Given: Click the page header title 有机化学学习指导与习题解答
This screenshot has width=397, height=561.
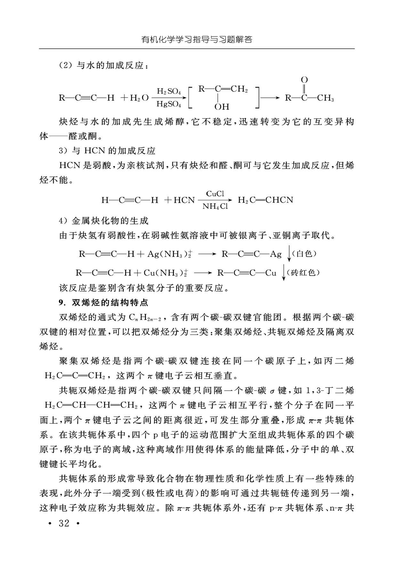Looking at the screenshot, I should click(x=197, y=40).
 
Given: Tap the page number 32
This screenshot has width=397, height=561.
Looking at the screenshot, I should click(x=64, y=523).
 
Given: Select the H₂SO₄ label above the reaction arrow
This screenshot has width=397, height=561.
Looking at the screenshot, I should click(x=169, y=91).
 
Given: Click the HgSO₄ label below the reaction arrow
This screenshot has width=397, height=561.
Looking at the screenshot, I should click(x=169, y=104).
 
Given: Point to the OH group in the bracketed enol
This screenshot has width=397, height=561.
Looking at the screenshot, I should click(x=222, y=106).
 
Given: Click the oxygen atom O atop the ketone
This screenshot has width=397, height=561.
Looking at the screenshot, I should click(x=304, y=80).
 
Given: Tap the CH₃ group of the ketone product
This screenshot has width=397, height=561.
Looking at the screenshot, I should click(x=325, y=98).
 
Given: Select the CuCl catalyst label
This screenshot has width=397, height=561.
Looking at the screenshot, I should click(x=215, y=193).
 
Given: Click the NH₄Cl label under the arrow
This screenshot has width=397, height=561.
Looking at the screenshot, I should click(x=215, y=206).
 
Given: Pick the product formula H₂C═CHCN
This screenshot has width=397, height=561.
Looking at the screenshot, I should click(x=266, y=200).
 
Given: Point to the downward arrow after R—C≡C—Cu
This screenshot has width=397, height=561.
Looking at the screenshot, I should click(x=283, y=273).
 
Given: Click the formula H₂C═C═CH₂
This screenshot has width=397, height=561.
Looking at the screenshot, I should click(x=75, y=376).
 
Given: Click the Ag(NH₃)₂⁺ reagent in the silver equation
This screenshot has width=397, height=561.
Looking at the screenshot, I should click(x=169, y=254).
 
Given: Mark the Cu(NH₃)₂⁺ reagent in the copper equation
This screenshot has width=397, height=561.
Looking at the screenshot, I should click(x=165, y=273).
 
